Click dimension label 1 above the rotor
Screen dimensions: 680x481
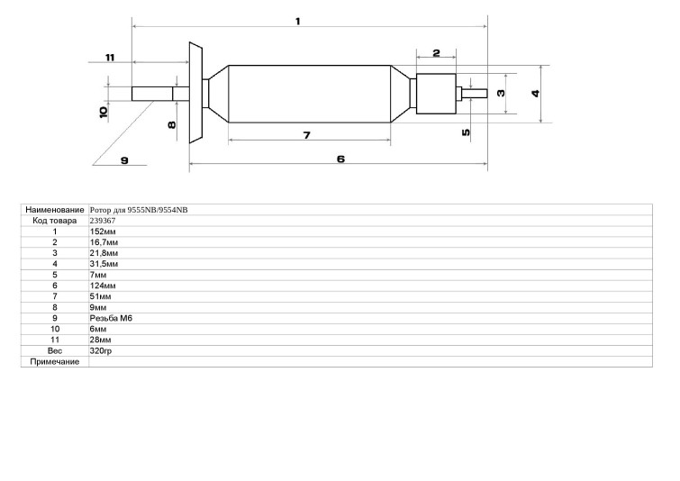click(298, 22)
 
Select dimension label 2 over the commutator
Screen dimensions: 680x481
click(436, 53)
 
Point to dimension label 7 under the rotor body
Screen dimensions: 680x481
click(307, 136)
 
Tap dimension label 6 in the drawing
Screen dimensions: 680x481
click(340, 159)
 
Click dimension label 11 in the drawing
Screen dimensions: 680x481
click(110, 58)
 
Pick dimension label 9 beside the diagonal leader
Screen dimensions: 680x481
click(124, 160)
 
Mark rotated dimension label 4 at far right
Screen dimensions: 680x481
click(536, 94)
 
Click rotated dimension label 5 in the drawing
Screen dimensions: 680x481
click(466, 132)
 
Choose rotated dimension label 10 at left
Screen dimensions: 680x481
click(104, 113)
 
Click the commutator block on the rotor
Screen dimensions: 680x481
click(436, 94)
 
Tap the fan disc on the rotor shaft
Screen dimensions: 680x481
click(195, 93)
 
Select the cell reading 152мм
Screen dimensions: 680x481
click(103, 231)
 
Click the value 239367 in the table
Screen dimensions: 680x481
click(103, 221)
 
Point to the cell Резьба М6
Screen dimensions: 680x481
click(111, 318)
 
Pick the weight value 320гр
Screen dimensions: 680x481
click(101, 351)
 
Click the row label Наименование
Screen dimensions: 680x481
click(55, 210)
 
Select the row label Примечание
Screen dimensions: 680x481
click(55, 362)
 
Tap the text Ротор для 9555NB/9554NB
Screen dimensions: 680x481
click(139, 210)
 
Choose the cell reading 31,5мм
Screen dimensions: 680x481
click(104, 264)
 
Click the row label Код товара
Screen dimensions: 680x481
click(55, 221)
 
